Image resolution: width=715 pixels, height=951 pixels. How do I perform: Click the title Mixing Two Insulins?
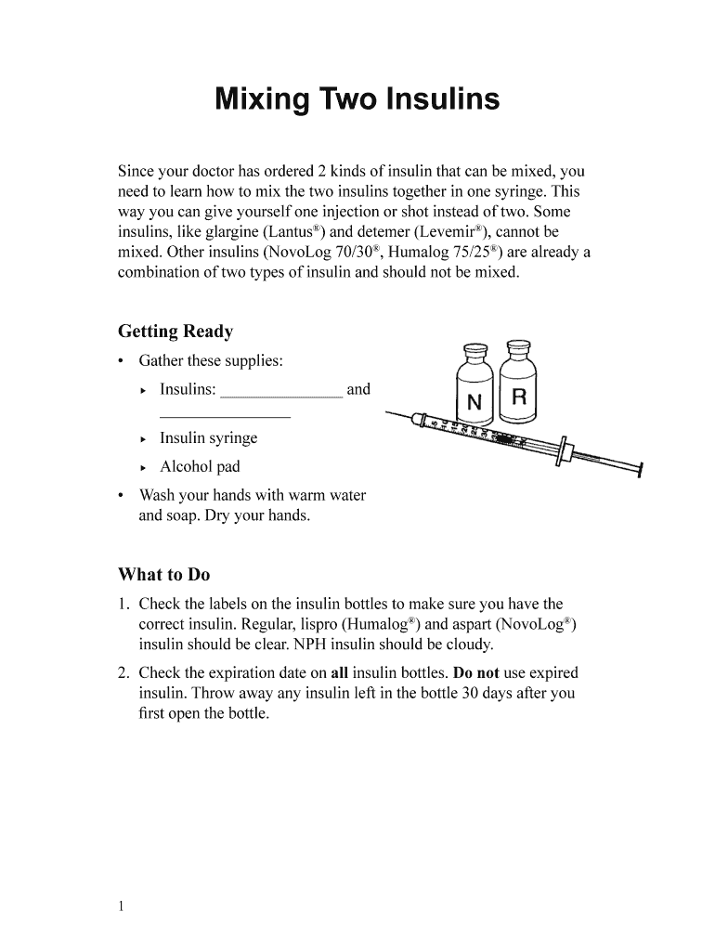tap(357, 99)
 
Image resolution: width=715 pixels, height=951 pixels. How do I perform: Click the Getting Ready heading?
tap(175, 332)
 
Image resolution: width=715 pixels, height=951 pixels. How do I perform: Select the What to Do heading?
tap(163, 574)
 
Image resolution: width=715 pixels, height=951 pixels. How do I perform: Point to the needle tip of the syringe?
tap(385, 411)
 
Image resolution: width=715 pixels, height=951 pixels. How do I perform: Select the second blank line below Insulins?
tap(225, 417)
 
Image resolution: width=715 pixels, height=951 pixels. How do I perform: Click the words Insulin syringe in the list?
tap(208, 438)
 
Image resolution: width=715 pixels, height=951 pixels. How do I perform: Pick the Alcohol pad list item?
tap(200, 466)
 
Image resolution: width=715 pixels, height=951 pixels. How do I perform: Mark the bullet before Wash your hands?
tap(122, 496)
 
